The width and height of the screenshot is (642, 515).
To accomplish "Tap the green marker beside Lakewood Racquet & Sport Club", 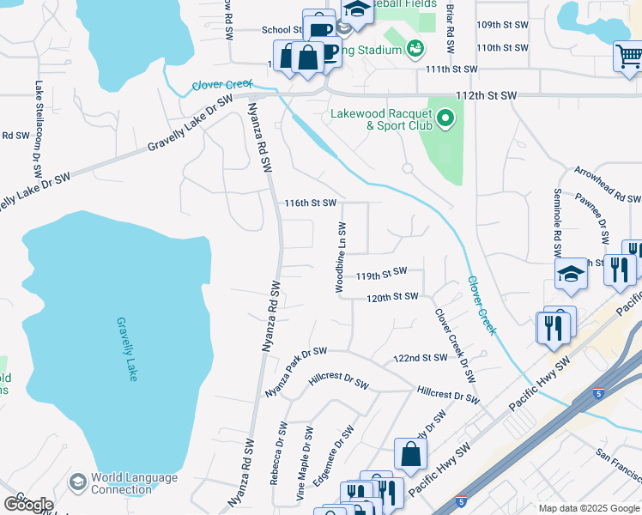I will click(445, 118).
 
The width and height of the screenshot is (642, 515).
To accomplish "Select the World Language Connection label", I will click(134, 484).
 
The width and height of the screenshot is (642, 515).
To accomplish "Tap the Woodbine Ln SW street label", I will click(342, 258).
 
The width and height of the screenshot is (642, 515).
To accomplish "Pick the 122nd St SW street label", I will click(422, 357).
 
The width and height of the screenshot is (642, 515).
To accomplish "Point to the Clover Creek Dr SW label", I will click(455, 346).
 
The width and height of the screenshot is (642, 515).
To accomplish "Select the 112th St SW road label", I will click(487, 94).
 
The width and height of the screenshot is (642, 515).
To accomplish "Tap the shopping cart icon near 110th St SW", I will click(629, 57).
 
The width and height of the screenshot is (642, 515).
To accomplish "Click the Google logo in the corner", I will click(28, 504).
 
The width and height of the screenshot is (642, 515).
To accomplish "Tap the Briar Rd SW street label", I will click(450, 17).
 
